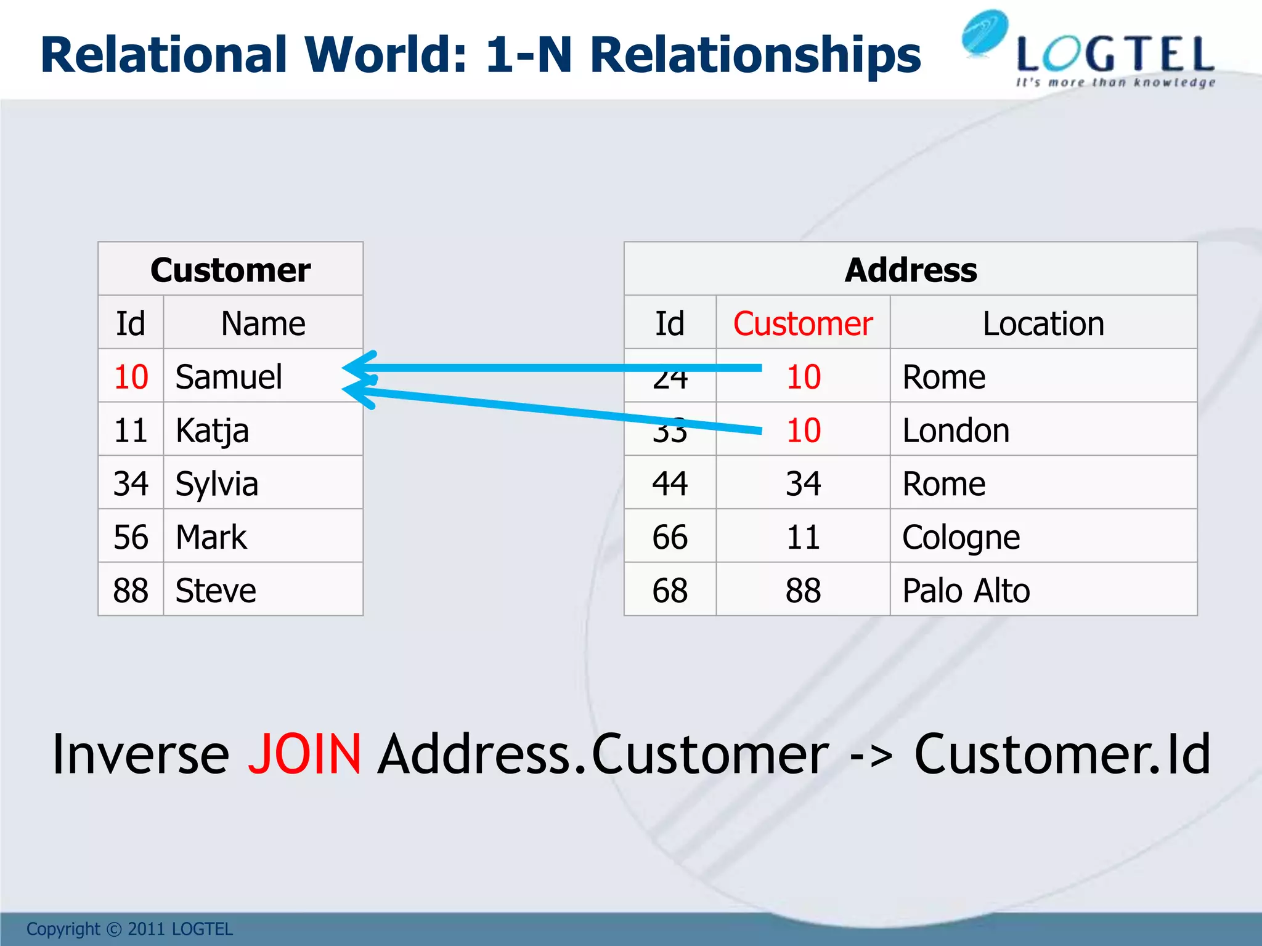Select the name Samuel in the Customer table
pyautogui.click(x=229, y=377)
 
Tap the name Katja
pyautogui.click(x=212, y=431)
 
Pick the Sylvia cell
pyautogui.click(x=216, y=484)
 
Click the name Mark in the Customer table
pyautogui.click(x=211, y=537)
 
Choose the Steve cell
pyautogui.click(x=216, y=591)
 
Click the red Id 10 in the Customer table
pyautogui.click(x=131, y=377)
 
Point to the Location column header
pyautogui.click(x=1043, y=324)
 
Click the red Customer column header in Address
pyautogui.click(x=803, y=324)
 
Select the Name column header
pyautogui.click(x=263, y=324)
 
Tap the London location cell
pyautogui.click(x=956, y=431)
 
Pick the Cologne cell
pyautogui.click(x=961, y=537)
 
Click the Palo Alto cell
pyautogui.click(x=966, y=591)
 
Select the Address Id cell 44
pyautogui.click(x=670, y=484)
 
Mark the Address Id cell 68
pyautogui.click(x=670, y=591)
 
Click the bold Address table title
pyautogui.click(x=911, y=270)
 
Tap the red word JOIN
pyautogui.click(x=304, y=754)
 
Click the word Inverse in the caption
pyautogui.click(x=140, y=754)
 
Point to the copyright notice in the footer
pyautogui.click(x=129, y=929)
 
